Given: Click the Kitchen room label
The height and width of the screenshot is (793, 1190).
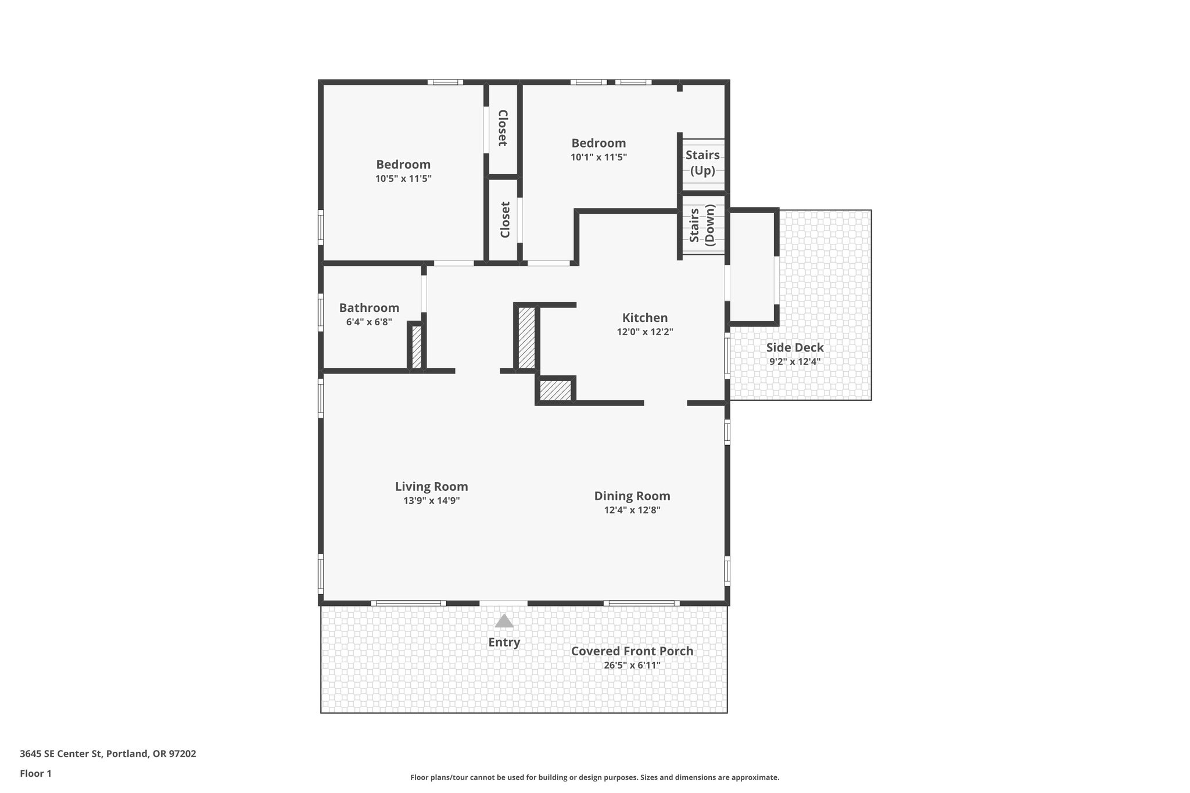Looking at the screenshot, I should tap(644, 318).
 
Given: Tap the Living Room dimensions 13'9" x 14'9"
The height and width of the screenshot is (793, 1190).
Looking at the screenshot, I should tap(431, 501).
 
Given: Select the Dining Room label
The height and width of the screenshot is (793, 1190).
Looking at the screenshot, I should tap(632, 496).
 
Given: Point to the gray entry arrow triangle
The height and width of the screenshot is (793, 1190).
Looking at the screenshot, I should tap(504, 622).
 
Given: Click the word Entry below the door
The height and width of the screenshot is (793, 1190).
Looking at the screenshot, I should tap(504, 643).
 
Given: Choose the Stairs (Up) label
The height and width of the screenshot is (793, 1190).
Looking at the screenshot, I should tap(702, 163).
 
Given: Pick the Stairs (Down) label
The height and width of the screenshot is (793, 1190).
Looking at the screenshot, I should tap(702, 225).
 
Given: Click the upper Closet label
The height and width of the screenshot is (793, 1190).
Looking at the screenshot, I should tap(503, 128).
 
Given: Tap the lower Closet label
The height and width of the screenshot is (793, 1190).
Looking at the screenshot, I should tap(505, 220).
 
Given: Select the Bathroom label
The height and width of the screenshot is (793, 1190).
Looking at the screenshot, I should tap(369, 308).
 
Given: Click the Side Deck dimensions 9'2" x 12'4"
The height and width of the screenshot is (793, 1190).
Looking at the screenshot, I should tap(794, 362).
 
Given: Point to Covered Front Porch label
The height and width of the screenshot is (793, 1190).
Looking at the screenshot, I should tap(632, 651).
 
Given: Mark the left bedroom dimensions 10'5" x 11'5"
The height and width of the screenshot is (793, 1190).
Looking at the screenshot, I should tap(403, 179).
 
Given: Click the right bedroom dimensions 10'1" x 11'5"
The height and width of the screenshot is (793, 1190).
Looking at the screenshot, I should tap(598, 157).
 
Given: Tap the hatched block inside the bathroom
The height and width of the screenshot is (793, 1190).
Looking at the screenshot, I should tap(417, 347).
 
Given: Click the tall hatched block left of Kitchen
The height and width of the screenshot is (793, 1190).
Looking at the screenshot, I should tap(526, 338).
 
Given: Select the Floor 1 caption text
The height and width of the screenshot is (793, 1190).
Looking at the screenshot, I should tap(35, 773).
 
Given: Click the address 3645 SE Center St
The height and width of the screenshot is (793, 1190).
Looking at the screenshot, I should tap(107, 754).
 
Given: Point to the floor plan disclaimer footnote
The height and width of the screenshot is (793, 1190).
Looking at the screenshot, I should tap(594, 777).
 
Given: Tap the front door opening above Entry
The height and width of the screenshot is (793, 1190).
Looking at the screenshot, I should tap(503, 604).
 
